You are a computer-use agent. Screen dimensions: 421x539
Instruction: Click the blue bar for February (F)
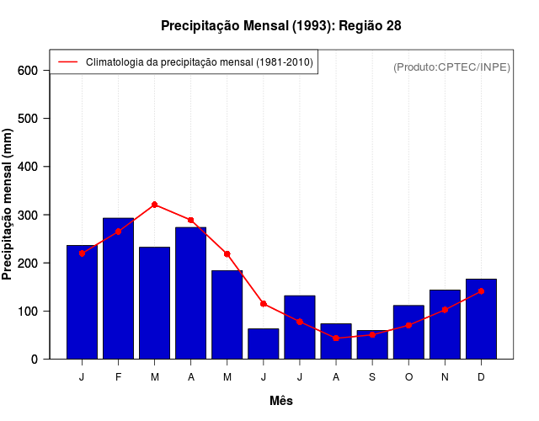pos(118,288)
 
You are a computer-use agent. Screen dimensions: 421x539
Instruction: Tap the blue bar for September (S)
pos(372,344)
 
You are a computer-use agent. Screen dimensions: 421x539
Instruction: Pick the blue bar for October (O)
pos(408,332)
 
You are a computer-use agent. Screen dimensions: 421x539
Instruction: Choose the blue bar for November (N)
pos(445,324)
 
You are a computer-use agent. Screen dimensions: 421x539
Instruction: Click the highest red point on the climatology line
pos(154,205)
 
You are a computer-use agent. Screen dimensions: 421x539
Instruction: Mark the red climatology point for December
pos(481,290)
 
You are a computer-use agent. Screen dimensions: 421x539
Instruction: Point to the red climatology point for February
pos(118,231)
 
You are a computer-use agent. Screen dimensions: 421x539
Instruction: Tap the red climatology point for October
pos(408,325)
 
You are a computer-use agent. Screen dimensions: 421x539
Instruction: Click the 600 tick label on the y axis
pos(29,71)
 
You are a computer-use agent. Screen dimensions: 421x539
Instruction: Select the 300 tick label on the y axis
pos(29,216)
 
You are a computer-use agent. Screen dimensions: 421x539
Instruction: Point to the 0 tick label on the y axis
pos(35,360)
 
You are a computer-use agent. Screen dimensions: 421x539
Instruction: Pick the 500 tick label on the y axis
pos(29,119)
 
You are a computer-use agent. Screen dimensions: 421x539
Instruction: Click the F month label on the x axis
pos(118,377)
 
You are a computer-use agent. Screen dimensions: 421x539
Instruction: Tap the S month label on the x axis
pos(372,377)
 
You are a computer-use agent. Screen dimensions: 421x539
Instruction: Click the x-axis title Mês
pos(281,401)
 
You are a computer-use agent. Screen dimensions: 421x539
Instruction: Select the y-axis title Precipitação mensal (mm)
pos(8,204)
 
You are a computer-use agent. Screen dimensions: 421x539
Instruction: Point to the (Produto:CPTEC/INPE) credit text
pos(451,67)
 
